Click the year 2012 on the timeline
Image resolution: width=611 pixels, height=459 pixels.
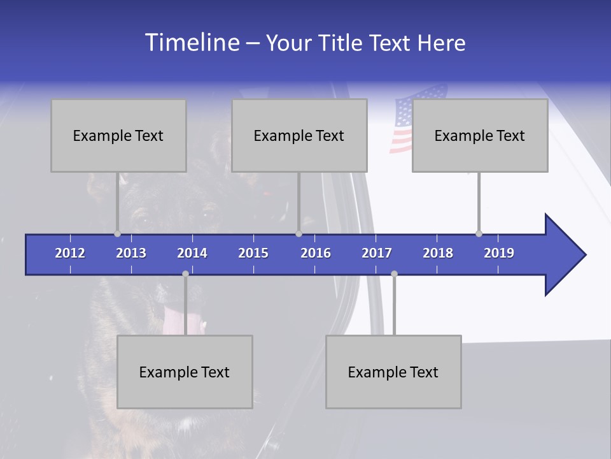[x=70, y=253]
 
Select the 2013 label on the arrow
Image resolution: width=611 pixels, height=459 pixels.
[x=131, y=253]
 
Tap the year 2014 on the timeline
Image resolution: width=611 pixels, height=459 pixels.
[x=192, y=253]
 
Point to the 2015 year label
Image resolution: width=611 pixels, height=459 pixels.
[x=253, y=253]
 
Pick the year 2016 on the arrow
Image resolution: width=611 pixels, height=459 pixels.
[x=316, y=253]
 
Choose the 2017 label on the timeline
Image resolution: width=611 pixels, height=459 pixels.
[x=377, y=253]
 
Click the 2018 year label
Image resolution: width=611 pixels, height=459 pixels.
[x=438, y=253]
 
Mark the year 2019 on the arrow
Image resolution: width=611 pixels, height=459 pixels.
[x=499, y=253]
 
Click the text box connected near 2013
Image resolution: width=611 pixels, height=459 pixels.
[x=118, y=135]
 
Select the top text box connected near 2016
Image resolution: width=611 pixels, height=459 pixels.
[x=299, y=135]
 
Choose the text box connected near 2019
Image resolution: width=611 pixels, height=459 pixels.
[x=480, y=135]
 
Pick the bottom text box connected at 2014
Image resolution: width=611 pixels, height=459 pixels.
[x=185, y=372]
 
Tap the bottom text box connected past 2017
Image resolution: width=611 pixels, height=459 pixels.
[x=393, y=372]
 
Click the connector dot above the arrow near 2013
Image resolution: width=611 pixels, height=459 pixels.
[x=117, y=233]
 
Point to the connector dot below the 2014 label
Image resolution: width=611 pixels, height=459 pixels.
[x=185, y=273]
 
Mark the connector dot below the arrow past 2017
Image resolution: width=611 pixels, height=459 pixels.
[x=394, y=273]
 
